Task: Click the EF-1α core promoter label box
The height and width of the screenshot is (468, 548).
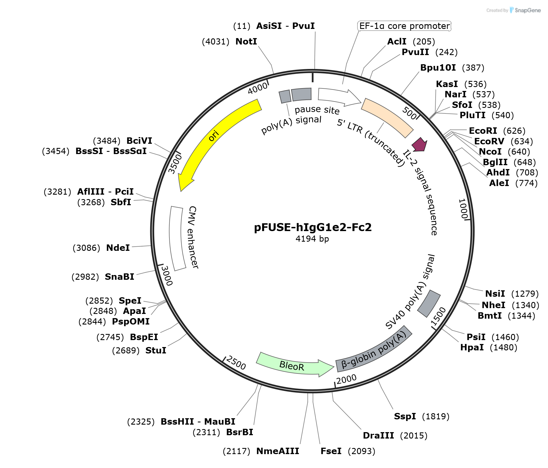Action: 404,26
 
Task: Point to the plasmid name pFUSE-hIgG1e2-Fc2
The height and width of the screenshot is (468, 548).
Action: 313,227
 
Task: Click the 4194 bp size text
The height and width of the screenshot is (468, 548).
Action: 312,239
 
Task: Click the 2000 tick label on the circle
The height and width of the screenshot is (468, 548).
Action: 346,379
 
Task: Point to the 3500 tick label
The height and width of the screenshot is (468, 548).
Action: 175,164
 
